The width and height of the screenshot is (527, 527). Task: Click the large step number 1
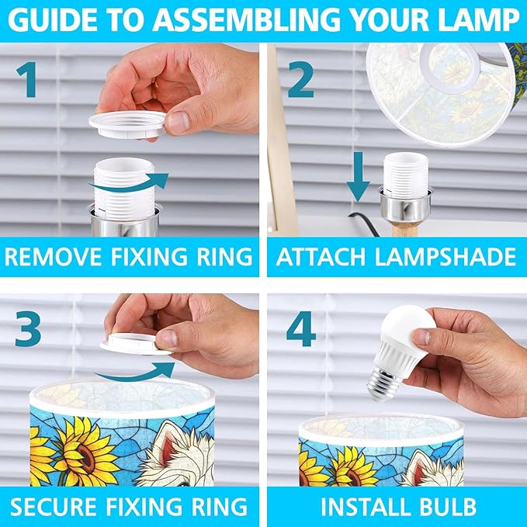click(x=27, y=80)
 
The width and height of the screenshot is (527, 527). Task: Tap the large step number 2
click(x=301, y=80)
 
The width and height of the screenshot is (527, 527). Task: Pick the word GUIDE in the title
click(x=53, y=20)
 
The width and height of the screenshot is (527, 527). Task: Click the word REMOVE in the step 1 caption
click(x=54, y=257)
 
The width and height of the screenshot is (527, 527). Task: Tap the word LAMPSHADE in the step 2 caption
click(x=445, y=257)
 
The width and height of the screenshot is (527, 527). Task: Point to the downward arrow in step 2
click(x=359, y=177)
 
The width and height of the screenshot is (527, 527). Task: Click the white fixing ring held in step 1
click(x=127, y=124)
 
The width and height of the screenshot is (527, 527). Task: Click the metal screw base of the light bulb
click(x=384, y=384)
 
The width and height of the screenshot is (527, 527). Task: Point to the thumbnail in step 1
click(x=179, y=123)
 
